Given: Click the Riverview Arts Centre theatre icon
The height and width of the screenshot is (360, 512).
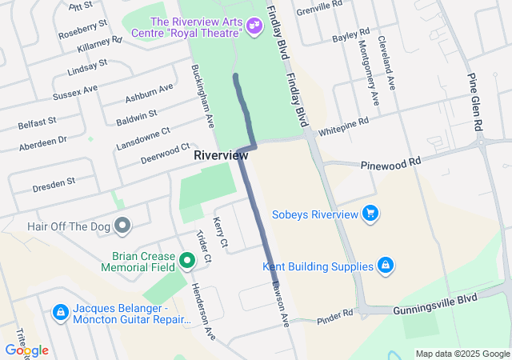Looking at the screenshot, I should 254,26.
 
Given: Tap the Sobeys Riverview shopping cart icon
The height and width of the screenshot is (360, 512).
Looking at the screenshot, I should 370,213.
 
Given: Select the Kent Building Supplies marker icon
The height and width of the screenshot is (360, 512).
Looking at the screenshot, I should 385,266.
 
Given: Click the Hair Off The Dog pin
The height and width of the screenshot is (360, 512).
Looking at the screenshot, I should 122,227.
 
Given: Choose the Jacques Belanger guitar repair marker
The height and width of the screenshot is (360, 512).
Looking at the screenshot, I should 60,311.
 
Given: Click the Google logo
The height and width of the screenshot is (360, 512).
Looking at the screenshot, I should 26,350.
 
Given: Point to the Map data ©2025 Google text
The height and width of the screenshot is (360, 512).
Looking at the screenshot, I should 462,354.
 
